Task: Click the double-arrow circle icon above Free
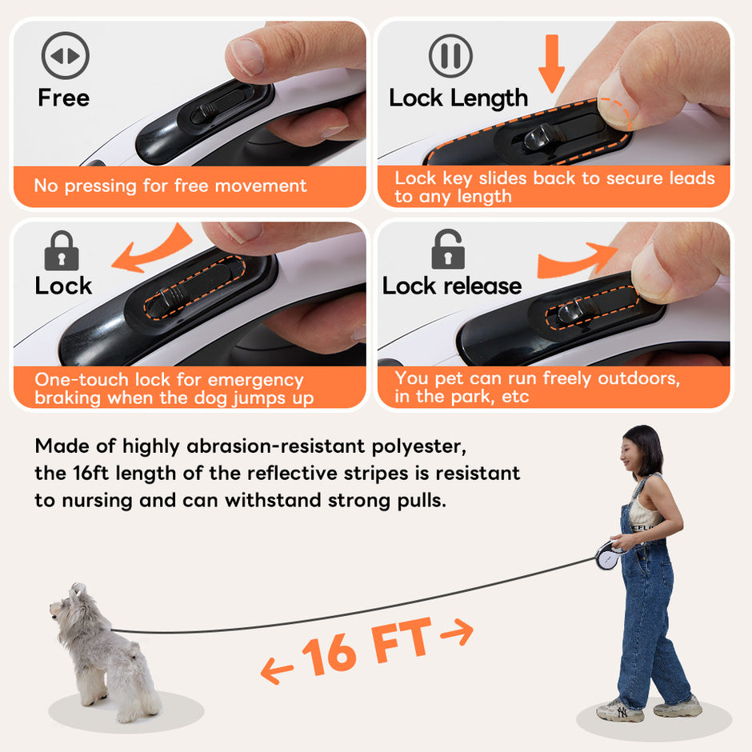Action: pos(66,56)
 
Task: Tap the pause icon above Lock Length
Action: pos(450,56)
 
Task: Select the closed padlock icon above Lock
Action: pos(62,250)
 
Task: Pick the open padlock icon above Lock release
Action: pos(448,249)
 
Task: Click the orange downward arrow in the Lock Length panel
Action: pos(551,63)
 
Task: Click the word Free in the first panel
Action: pos(64,98)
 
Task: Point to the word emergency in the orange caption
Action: pos(256,380)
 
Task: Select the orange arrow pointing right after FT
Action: pos(457,632)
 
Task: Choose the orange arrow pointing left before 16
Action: pos(277,670)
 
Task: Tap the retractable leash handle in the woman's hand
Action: pos(609,555)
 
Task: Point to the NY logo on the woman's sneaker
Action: pos(622,712)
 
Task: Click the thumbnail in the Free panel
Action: pos(247,56)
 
